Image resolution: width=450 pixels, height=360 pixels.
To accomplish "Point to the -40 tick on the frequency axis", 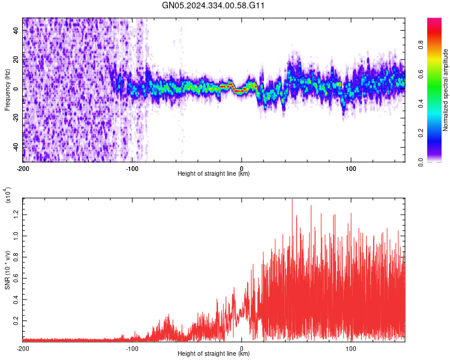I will pos(15,146).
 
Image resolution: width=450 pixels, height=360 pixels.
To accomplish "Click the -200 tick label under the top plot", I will pos(23,168).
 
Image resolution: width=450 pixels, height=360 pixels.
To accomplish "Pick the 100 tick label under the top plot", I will pos(351,168).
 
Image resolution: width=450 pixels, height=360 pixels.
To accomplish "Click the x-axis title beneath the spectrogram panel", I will pos(214,174).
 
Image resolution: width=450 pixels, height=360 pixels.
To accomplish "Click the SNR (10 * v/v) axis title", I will pos(7,270).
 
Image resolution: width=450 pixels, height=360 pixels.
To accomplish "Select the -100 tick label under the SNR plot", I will pos(132,348).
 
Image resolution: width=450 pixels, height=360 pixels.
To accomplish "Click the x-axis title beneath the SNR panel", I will pos(214,354).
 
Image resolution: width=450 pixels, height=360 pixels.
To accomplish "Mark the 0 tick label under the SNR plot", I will pos(242,348).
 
